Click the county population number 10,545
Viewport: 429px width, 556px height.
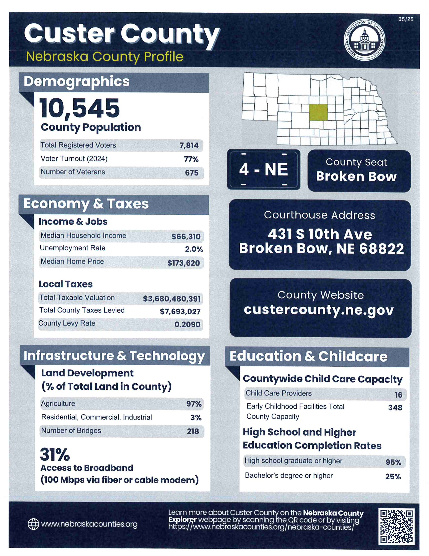click(79, 109)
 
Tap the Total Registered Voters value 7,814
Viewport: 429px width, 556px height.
click(189, 145)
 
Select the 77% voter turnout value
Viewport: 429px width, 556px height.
click(191, 159)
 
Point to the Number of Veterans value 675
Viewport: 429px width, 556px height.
click(192, 173)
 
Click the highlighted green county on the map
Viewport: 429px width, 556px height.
click(318, 112)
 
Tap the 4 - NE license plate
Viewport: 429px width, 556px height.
click(264, 169)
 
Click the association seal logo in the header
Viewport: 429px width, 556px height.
click(364, 40)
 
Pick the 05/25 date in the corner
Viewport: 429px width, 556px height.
click(406, 19)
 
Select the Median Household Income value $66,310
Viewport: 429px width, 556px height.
click(186, 237)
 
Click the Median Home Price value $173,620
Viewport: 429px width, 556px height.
click(184, 263)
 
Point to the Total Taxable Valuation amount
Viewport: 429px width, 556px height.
click(172, 299)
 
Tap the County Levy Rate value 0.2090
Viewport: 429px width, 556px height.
click(187, 324)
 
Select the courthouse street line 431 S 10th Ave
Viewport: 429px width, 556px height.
click(320, 234)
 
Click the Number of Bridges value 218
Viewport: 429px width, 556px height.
click(193, 431)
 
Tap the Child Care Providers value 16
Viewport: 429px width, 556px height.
click(398, 395)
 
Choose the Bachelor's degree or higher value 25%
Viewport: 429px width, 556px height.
click(393, 477)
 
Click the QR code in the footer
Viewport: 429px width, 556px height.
click(396, 526)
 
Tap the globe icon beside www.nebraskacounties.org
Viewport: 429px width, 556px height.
click(33, 525)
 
